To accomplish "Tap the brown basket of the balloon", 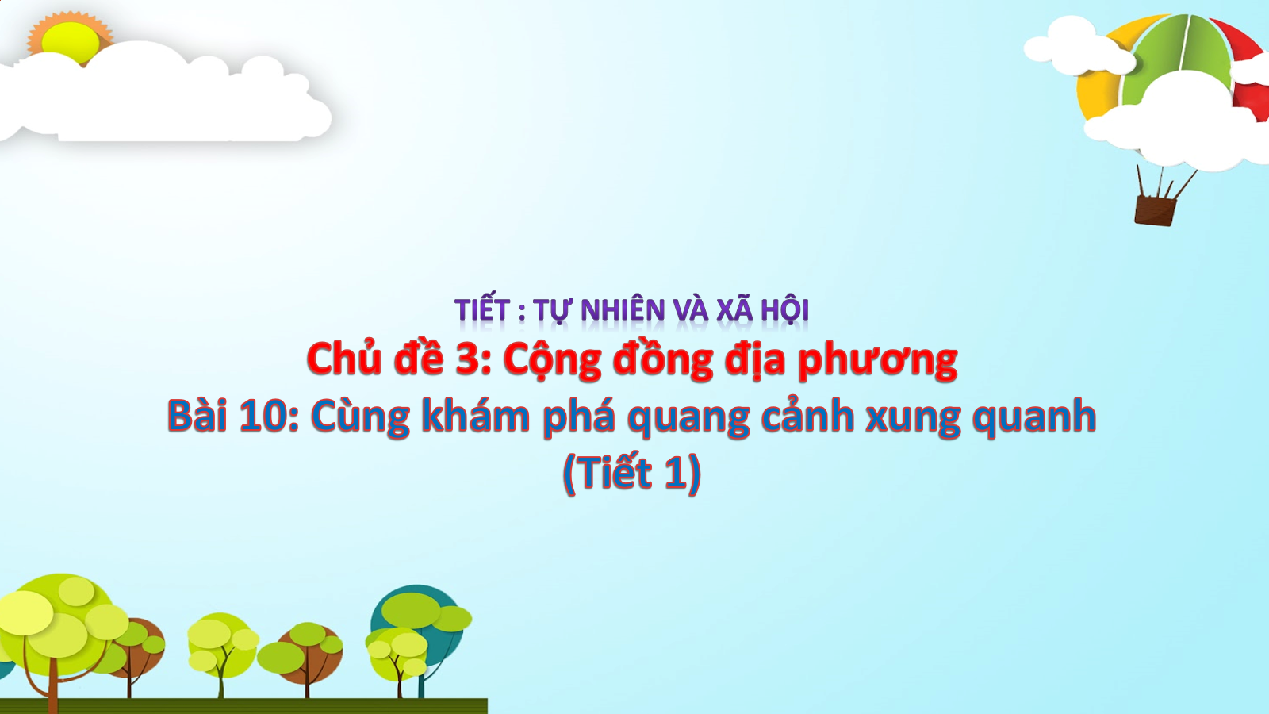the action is tap(1155, 209).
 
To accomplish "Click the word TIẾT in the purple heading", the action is tap(482, 310).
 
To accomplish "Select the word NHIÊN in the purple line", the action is tap(623, 310).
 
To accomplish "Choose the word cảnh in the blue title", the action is tap(807, 416).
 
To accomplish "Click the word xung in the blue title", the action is tap(913, 420).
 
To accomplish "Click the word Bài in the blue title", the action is tap(197, 416).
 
